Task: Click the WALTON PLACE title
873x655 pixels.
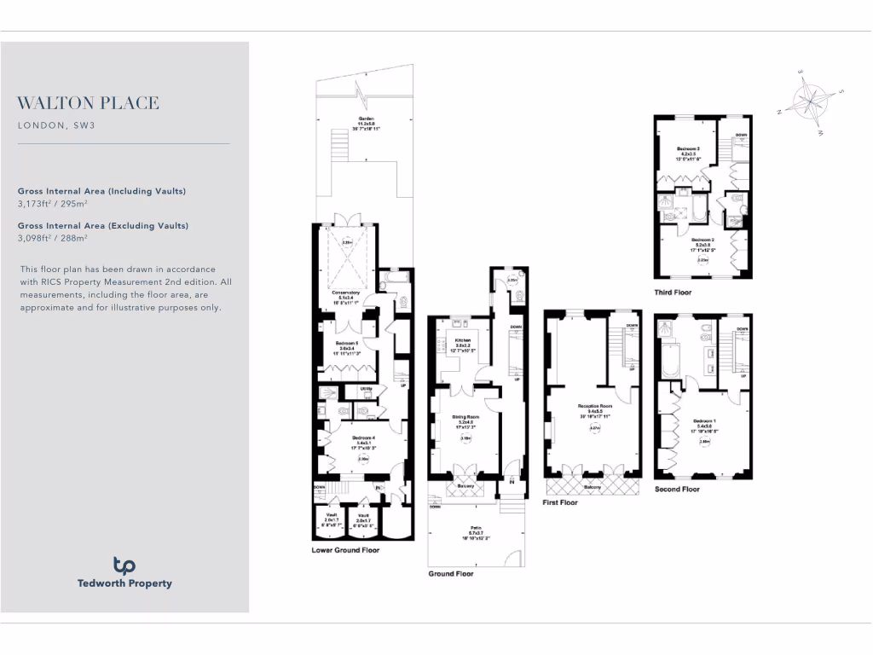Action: [88, 103]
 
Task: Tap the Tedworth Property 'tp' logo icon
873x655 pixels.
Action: [124, 565]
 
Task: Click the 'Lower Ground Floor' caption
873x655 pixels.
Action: [345, 550]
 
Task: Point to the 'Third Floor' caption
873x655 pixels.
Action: [674, 292]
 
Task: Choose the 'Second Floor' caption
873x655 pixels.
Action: [677, 489]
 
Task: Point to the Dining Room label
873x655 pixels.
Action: [465, 419]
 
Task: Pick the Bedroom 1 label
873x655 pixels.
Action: [704, 424]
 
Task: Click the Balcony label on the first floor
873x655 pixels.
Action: [591, 487]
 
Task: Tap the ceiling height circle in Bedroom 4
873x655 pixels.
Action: [363, 459]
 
